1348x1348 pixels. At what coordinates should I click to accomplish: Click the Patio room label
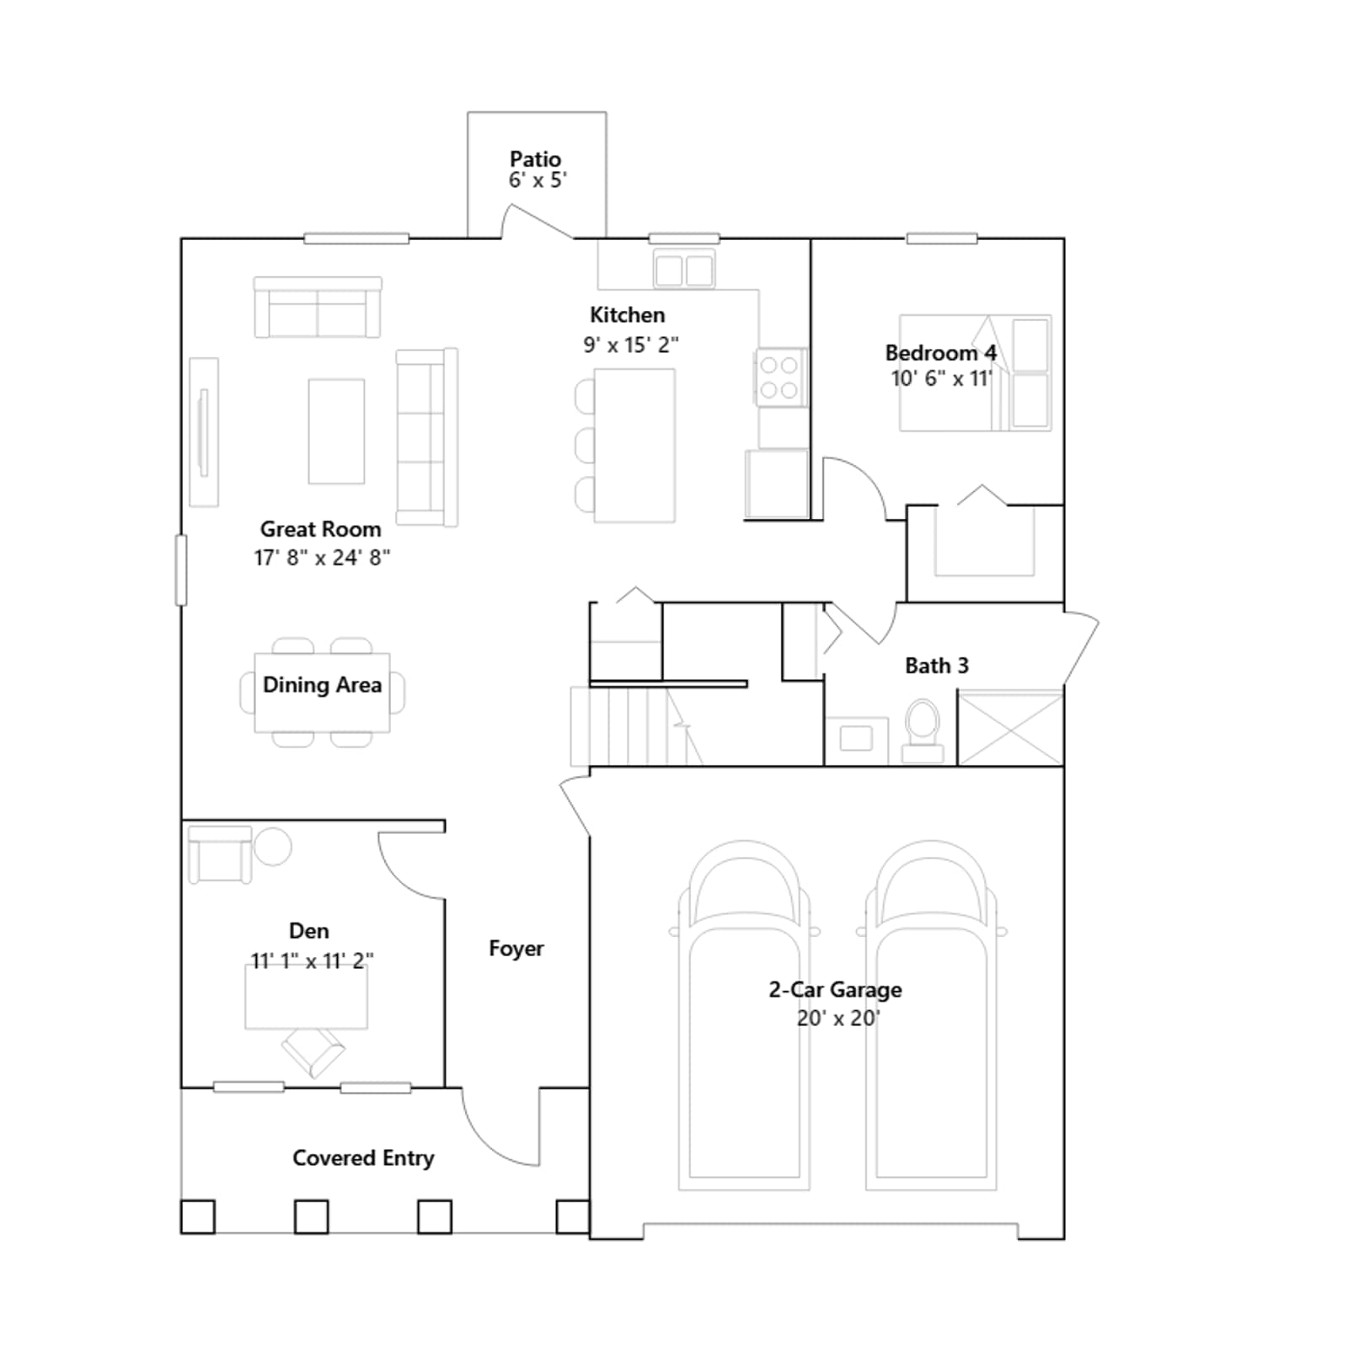coord(535,158)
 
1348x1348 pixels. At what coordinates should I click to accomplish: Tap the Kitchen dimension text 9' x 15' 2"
coord(631,345)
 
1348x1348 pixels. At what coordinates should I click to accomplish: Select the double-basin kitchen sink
coord(684,270)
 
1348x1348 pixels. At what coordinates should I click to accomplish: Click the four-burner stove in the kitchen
coord(779,377)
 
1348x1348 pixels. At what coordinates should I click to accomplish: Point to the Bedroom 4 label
coord(940,353)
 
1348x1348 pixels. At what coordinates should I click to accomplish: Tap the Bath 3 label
coord(937,666)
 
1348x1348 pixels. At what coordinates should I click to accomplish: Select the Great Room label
coord(320,529)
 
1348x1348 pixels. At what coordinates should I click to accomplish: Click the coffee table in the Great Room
coord(336,431)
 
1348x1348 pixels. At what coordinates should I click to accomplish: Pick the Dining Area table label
coord(322,685)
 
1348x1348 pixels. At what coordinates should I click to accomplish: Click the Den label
coord(309,931)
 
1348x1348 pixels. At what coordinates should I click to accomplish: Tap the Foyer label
coord(516,949)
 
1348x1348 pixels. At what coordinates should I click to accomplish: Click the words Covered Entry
coord(363,1158)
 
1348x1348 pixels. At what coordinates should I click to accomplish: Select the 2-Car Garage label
coord(835,990)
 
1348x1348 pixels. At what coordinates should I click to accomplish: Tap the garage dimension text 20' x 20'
coord(838,1019)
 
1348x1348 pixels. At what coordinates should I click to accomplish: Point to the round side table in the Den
coord(272,846)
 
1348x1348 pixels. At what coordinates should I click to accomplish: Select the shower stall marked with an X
coord(1010,728)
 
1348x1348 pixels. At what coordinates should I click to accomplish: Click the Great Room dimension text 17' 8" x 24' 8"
coord(322,558)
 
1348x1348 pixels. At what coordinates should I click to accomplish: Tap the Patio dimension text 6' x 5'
coord(538,180)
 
